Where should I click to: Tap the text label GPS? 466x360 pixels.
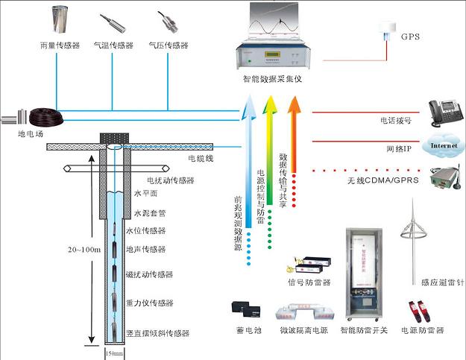click(411, 36)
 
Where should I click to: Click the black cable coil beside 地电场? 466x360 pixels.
click(43, 116)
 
